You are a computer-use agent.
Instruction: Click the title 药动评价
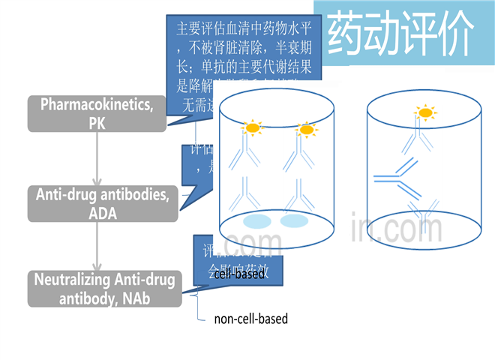[x=401, y=32]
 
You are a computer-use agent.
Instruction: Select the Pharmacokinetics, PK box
[x=97, y=113]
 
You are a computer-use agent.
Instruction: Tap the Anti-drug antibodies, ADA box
[x=103, y=204]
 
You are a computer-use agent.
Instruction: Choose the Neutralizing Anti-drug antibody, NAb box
[x=104, y=289]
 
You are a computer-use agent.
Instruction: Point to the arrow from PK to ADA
[x=97, y=158]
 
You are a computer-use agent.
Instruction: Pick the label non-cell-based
[x=250, y=319]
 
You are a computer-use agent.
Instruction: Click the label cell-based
[x=239, y=274]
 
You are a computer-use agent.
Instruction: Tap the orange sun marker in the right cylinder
[x=425, y=114]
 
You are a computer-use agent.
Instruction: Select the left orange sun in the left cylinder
[x=252, y=128]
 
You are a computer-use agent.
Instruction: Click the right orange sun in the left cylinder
[x=305, y=130]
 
